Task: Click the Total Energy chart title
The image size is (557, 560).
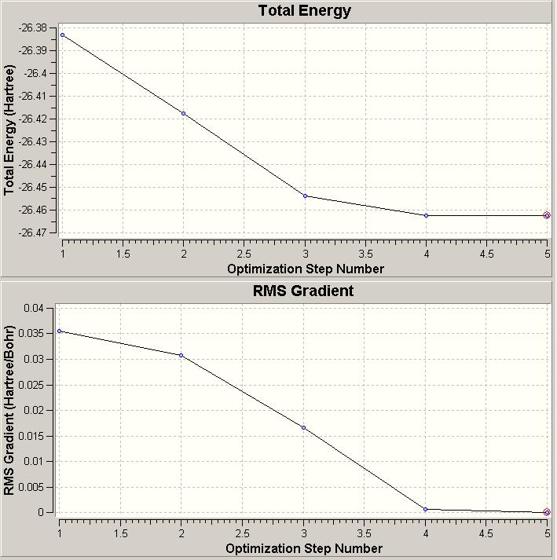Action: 304,11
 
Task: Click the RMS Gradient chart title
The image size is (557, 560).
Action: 303,291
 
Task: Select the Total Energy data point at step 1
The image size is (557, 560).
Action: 63,35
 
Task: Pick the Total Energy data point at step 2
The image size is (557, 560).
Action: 184,113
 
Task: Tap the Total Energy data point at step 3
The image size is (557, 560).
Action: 305,196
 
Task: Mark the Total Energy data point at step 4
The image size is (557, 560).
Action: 426,215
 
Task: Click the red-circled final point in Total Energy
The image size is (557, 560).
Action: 547,215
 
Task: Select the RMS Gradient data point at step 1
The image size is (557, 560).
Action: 60,331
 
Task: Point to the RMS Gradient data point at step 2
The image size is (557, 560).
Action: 181,355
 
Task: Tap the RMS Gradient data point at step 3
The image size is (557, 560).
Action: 303,428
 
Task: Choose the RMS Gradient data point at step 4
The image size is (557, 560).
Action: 425,509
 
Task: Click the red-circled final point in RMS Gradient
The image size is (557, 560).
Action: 547,512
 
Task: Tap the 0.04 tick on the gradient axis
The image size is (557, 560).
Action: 34,309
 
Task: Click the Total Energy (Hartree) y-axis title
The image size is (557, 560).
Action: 10,130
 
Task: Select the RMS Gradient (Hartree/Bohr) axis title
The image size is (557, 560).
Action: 9,411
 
